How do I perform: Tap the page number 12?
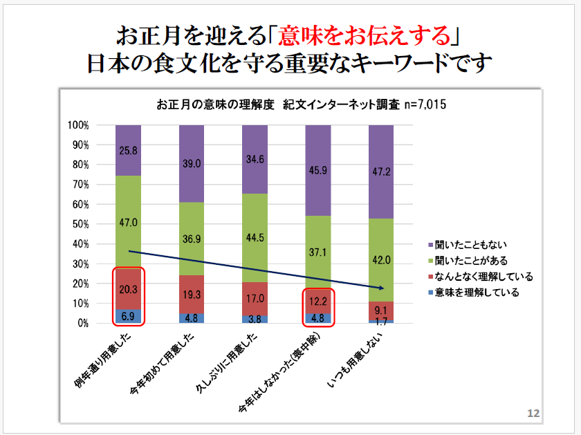pyautogui.click(x=533, y=413)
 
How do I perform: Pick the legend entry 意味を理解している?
pyautogui.click(x=473, y=293)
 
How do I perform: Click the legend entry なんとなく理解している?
pyautogui.click(x=477, y=277)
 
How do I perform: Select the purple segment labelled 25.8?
pyautogui.click(x=128, y=150)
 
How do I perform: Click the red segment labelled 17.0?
pyautogui.click(x=255, y=299)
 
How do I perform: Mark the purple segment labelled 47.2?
pyautogui.click(x=381, y=172)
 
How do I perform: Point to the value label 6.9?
pyautogui.click(x=128, y=316)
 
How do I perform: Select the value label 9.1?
pyautogui.click(x=381, y=311)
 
